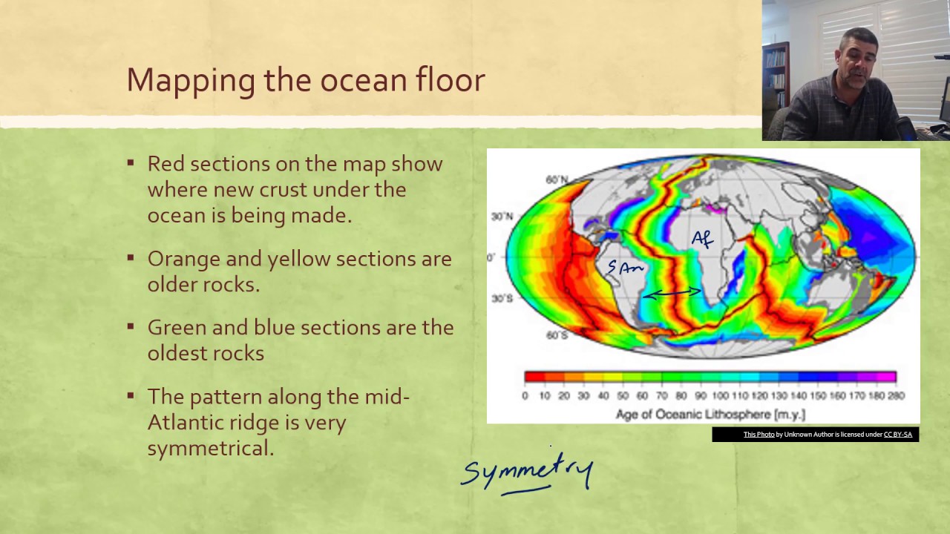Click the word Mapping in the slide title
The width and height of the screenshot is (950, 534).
click(x=191, y=81)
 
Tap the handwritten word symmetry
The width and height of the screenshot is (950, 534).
click(x=527, y=472)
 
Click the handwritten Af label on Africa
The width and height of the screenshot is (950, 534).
click(x=702, y=240)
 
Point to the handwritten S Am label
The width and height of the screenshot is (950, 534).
click(x=625, y=267)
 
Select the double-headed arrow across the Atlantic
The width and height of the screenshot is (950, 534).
click(x=672, y=293)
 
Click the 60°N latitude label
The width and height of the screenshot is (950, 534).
click(x=557, y=179)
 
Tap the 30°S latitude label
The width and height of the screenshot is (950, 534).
click(x=502, y=298)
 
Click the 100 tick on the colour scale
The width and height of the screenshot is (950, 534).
click(x=720, y=396)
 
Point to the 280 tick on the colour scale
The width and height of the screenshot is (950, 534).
click(x=896, y=396)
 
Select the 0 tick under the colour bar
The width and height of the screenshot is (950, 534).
click(x=525, y=396)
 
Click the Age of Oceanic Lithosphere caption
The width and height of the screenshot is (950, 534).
click(x=710, y=414)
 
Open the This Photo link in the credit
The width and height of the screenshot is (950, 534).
click(x=759, y=435)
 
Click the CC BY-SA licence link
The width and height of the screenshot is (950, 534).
click(x=898, y=435)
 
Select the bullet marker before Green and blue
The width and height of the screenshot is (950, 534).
click(x=131, y=326)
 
